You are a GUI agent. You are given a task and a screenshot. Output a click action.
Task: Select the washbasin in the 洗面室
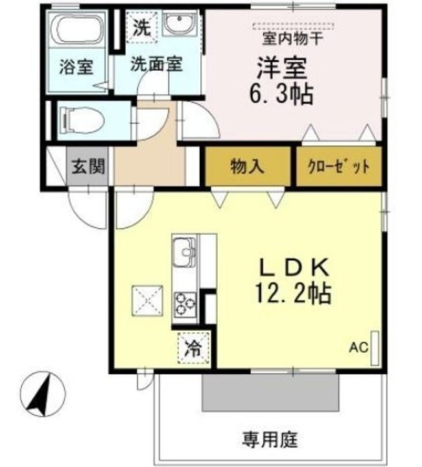tap(179, 23)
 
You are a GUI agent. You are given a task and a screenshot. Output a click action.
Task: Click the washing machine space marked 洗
tap(142, 27)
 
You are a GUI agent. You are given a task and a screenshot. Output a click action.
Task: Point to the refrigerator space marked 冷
tap(194, 348)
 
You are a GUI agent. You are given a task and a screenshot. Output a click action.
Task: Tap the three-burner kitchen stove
tap(185, 304)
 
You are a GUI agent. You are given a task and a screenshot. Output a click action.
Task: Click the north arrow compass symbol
tap(43, 394)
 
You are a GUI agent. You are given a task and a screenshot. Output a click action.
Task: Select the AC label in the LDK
tap(358, 348)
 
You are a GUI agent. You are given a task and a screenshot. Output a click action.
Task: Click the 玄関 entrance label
tap(88, 166)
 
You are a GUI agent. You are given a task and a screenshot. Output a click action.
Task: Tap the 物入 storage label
tap(247, 166)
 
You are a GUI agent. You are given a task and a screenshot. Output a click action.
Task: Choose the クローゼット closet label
tap(339, 167)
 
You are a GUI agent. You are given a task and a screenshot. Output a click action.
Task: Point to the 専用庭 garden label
tap(270, 440)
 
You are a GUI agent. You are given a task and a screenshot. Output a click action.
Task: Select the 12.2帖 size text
tap(294, 294)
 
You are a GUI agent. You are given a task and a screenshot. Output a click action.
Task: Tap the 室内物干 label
tap(293, 39)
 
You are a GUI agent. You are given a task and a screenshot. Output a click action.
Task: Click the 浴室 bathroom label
tap(76, 67)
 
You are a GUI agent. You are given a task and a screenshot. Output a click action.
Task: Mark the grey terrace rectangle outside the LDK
tap(270, 392)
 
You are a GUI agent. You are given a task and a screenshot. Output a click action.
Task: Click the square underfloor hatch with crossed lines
tap(148, 300)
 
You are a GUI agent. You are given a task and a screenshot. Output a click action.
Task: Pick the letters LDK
tap(295, 267)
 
